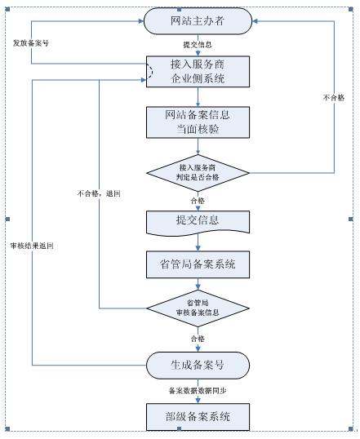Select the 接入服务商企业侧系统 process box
click(197, 72)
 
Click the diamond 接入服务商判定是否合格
click(197, 172)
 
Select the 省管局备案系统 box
click(197, 264)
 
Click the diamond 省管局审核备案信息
click(197, 308)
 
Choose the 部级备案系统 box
click(197, 417)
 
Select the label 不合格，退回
click(98, 193)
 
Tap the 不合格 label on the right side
click(335, 97)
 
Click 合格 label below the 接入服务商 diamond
click(198, 198)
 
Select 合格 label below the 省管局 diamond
click(198, 338)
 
